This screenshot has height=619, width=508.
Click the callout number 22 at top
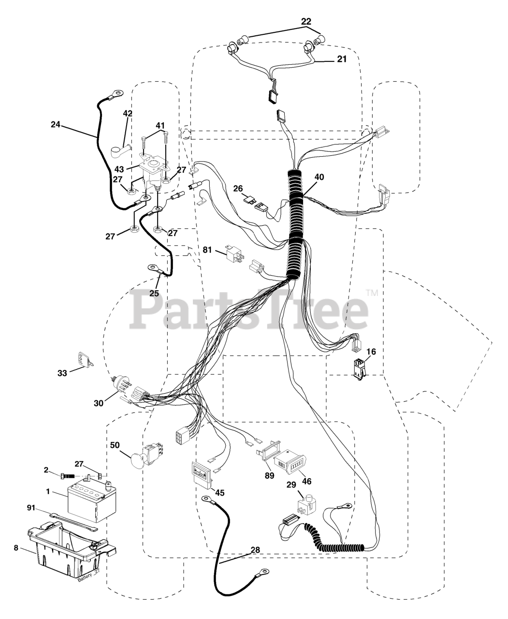(306, 21)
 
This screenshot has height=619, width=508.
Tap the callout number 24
(56, 124)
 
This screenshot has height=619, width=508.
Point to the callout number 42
(128, 114)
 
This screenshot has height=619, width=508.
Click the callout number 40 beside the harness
(319, 177)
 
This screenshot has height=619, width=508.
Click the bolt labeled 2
(69, 475)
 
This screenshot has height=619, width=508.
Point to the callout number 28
(255, 550)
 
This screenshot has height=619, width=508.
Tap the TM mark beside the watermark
(371, 293)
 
